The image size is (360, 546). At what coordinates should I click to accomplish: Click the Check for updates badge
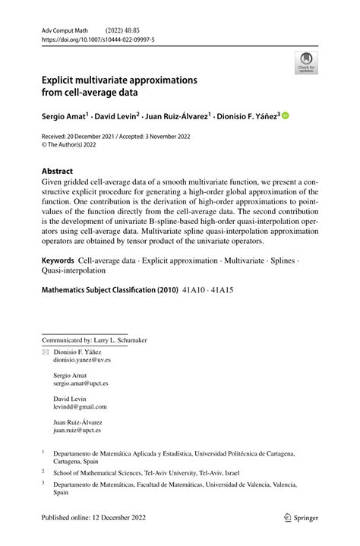tap(306, 62)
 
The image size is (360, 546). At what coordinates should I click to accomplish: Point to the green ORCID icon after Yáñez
tap(286, 116)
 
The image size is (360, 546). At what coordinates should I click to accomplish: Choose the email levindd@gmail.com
tap(77, 408)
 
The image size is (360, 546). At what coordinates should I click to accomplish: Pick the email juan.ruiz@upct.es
tap(77, 430)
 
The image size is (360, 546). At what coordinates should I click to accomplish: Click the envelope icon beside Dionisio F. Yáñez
tap(46, 352)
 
